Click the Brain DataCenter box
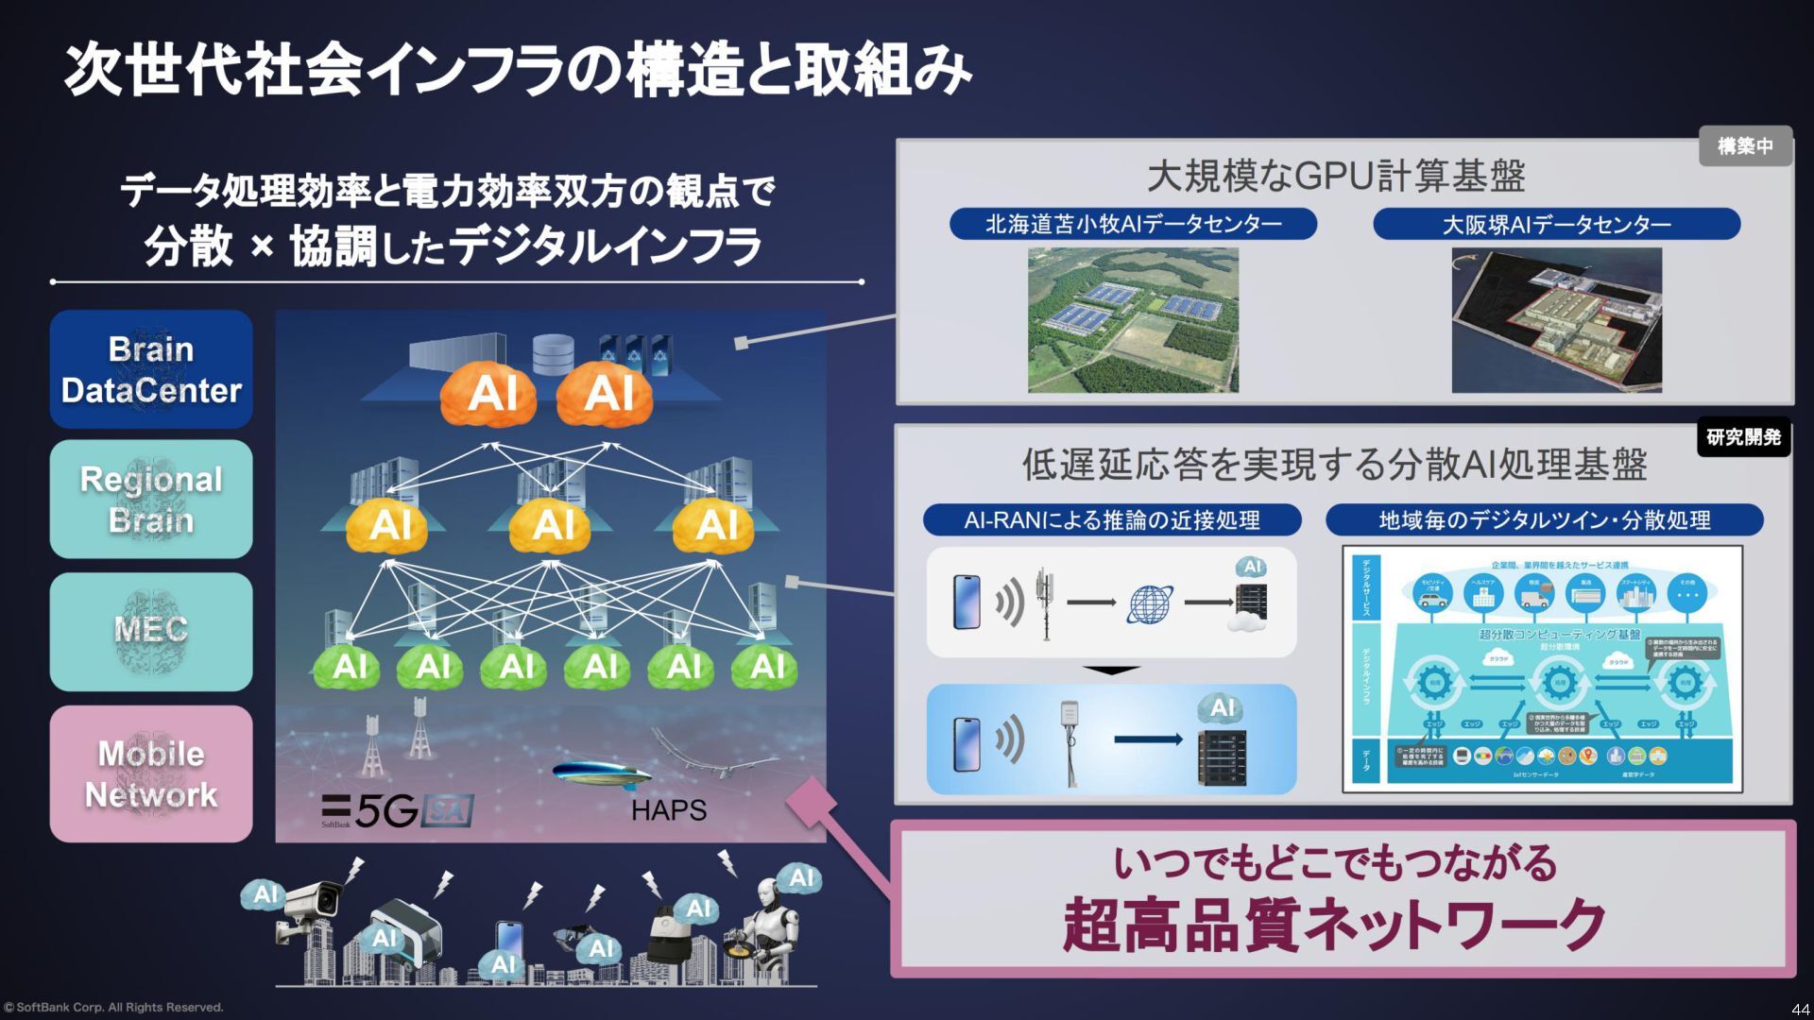tap(151, 369)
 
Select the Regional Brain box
tap(151, 499)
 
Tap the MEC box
tap(151, 631)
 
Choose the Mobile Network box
tap(151, 773)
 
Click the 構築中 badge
tap(1744, 146)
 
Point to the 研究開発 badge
tap(1743, 437)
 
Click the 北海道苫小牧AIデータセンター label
tap(1133, 224)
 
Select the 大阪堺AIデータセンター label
tap(1556, 224)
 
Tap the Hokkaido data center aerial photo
tap(1133, 320)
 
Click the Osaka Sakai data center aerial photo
tap(1556, 320)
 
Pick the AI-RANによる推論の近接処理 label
tap(1111, 520)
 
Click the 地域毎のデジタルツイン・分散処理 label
tap(1544, 520)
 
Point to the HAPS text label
tap(669, 810)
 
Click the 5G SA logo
tap(397, 810)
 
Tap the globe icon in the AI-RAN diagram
tap(1150, 603)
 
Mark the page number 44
tap(1799, 1009)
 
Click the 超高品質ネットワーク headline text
tap(1334, 925)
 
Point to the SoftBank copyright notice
tap(113, 1008)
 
